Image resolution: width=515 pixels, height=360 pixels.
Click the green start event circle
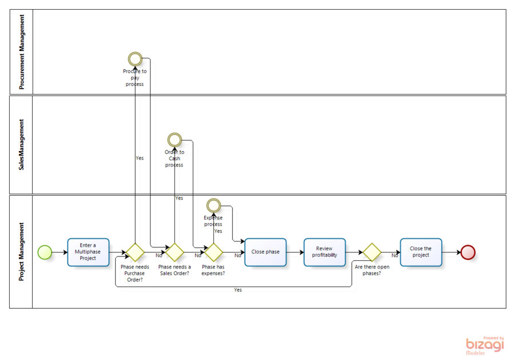coord(45,252)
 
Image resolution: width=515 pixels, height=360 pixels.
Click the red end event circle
coord(468,252)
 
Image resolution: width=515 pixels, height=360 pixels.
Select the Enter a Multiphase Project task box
coord(88,252)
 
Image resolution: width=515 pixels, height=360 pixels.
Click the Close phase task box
coord(266,252)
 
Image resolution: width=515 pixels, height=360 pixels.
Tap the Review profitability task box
coord(324,252)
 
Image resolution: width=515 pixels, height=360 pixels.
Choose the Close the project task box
coord(421,252)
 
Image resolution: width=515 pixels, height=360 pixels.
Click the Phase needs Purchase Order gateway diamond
coord(135,252)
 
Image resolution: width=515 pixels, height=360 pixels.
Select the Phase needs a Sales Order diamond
coord(174,252)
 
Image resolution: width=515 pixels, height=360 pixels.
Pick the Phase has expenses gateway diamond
coord(213,252)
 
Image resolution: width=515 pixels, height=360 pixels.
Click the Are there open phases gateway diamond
coord(371,252)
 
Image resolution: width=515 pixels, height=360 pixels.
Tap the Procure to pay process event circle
coord(135,58)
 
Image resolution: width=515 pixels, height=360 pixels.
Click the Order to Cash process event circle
coord(174,140)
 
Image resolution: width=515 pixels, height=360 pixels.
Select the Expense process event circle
coord(213,204)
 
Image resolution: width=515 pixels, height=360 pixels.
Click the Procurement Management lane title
coord(22,52)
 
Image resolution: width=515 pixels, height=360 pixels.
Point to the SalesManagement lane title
coord(22,145)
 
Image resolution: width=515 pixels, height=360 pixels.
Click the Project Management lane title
coord(22,252)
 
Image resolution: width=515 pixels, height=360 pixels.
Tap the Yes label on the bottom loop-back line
coord(237,290)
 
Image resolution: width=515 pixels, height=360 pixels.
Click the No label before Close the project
coord(394,256)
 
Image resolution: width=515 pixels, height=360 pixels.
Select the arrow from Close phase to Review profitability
coord(295,252)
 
